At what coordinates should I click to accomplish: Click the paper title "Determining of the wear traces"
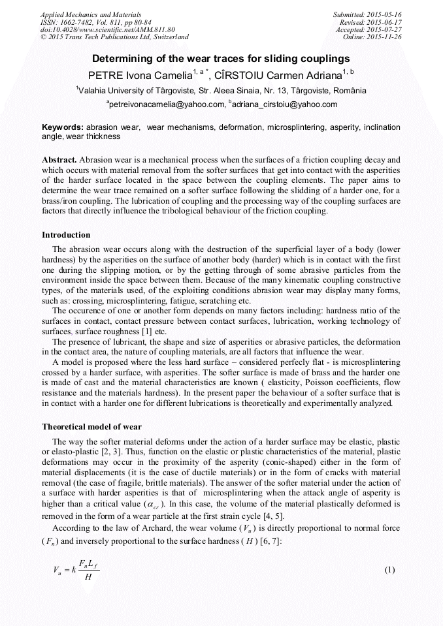coord(222,58)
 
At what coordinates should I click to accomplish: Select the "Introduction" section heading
coord(66,235)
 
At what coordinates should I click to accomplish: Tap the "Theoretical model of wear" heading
coord(91,426)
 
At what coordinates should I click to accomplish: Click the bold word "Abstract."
coord(59,160)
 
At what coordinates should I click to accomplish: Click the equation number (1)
coord(390,570)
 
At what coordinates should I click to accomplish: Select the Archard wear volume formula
coord(76,570)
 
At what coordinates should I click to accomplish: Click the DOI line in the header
coord(108,29)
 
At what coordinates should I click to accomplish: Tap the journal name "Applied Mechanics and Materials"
coord(91,14)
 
